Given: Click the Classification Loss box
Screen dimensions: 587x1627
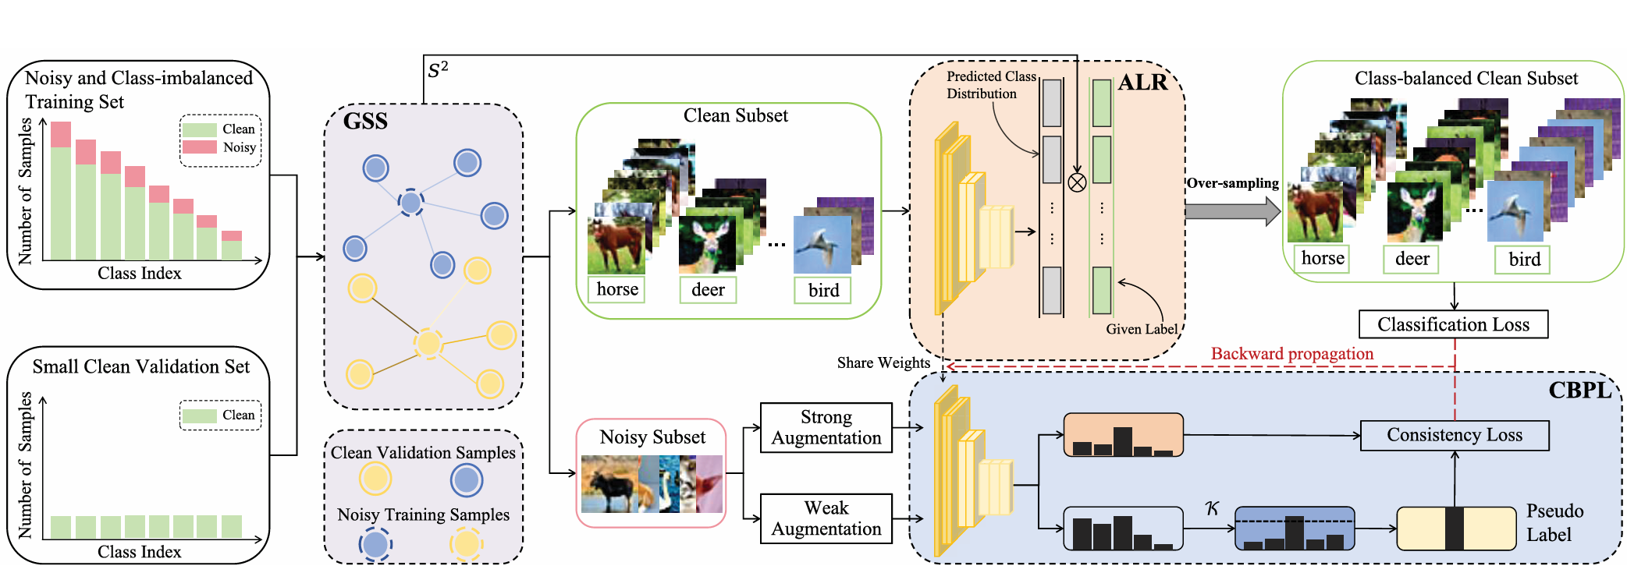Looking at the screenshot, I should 1453,324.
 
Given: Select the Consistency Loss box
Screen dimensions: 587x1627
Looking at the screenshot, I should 1455,435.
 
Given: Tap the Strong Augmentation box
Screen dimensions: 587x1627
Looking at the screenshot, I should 826,427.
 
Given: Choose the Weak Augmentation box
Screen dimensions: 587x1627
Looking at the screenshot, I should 826,518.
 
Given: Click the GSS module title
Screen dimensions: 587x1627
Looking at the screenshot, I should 365,122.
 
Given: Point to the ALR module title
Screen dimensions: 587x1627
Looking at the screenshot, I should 1142,83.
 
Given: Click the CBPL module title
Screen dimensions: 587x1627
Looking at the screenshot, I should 1579,390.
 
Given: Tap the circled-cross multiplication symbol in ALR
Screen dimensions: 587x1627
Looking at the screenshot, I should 1077,183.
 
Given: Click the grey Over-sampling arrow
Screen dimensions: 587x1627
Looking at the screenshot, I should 1231,210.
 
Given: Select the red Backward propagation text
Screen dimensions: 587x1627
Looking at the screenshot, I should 1291,354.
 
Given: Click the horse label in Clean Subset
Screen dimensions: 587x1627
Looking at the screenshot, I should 616,289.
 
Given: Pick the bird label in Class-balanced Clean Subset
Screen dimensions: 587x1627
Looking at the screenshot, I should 1523,260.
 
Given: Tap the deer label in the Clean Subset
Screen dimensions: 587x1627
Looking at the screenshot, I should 708,290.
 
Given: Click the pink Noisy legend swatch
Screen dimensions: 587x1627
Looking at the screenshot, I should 199,147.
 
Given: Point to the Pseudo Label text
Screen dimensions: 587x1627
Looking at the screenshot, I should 1554,522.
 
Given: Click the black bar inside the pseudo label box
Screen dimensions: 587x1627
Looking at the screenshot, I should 1454,529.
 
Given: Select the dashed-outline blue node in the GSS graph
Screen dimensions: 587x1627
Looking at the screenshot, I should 410,203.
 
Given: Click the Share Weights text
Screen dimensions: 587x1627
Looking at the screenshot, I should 883,362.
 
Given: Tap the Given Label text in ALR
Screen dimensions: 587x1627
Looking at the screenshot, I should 1141,329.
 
